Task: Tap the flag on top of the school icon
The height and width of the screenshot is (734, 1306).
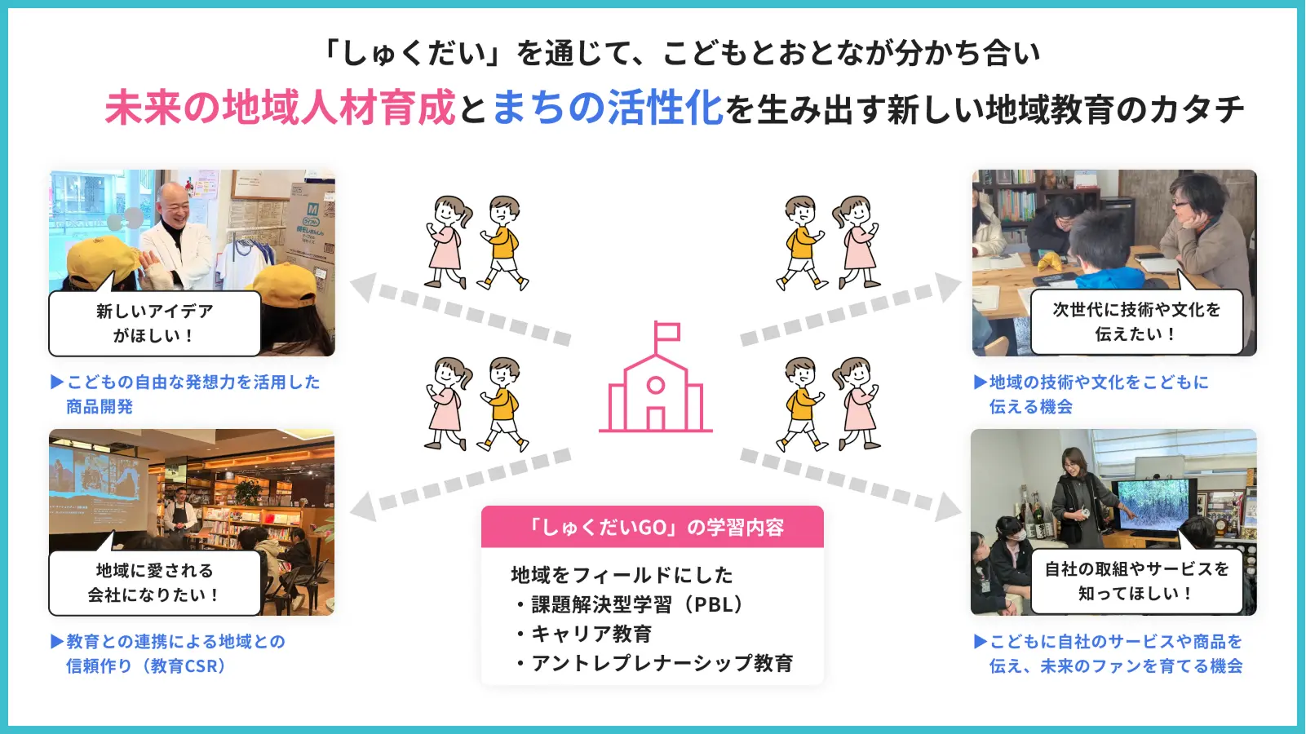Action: pos(667,332)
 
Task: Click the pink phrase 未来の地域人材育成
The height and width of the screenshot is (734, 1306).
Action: pos(280,108)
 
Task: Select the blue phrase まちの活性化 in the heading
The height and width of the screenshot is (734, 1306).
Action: pos(608,108)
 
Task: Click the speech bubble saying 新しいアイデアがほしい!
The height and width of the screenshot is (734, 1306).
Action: pos(154,323)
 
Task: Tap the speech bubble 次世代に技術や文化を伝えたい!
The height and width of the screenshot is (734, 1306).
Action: pos(1136,321)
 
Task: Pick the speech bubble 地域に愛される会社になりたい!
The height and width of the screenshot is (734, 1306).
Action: pos(154,582)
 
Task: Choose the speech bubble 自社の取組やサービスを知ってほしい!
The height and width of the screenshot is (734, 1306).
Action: pos(1136,581)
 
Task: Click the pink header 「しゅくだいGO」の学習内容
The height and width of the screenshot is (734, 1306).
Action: pos(653,527)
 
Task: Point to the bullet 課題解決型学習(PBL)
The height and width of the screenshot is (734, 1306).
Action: pos(632,604)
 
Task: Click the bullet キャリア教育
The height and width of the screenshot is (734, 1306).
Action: pos(585,634)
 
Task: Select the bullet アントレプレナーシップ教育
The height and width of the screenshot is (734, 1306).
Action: pos(655,663)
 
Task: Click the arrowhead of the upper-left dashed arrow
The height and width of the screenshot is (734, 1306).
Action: pos(364,287)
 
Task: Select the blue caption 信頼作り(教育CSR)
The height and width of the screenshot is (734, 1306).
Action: pos(146,665)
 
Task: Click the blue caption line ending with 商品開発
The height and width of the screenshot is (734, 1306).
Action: pos(100,406)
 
